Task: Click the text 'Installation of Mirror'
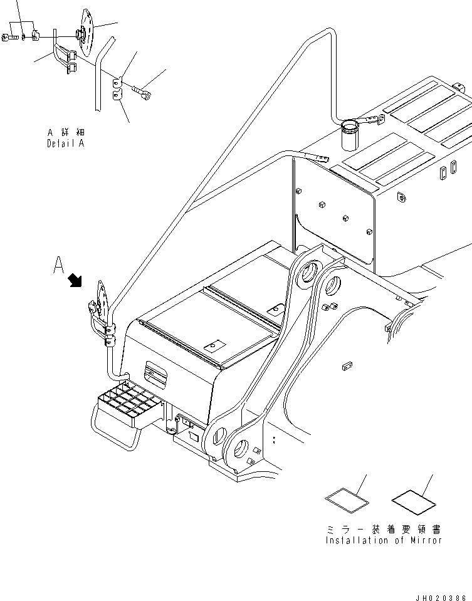(x=384, y=540)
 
